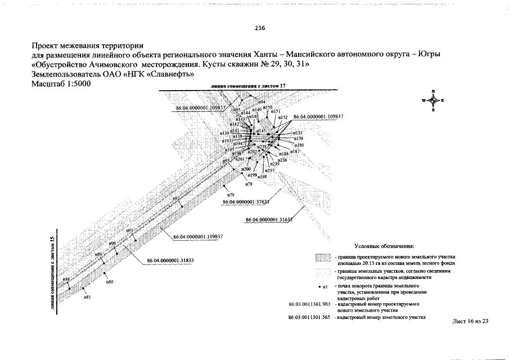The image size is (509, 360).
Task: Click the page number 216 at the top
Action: (x=259, y=28)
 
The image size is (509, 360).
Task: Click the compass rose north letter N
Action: (x=433, y=91)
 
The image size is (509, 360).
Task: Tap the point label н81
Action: (x=87, y=296)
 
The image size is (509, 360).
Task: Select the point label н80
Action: (x=110, y=281)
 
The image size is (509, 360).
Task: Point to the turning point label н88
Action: (x=66, y=280)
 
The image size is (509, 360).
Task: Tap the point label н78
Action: (x=249, y=184)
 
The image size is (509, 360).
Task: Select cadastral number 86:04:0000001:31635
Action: (x=269, y=219)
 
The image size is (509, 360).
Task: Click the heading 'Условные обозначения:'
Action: (x=384, y=246)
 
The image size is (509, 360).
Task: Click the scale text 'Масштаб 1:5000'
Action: (x=61, y=83)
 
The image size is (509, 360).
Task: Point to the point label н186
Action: (x=299, y=145)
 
